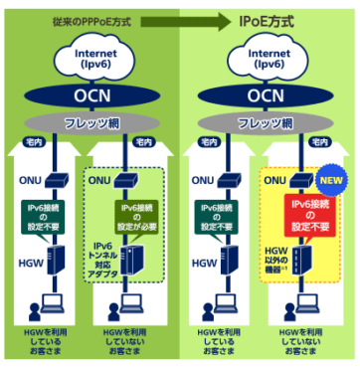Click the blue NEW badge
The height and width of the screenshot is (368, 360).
pos(330,184)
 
